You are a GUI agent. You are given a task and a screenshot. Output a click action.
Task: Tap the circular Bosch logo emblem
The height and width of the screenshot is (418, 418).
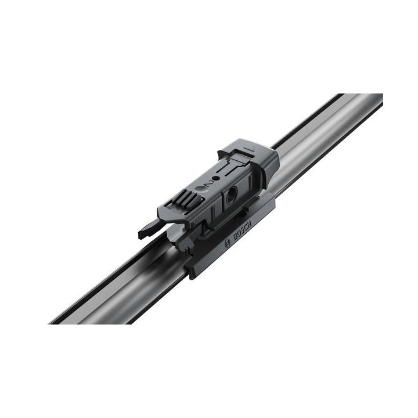(226, 244)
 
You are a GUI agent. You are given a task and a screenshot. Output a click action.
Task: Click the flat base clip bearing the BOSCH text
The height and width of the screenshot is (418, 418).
(232, 238)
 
